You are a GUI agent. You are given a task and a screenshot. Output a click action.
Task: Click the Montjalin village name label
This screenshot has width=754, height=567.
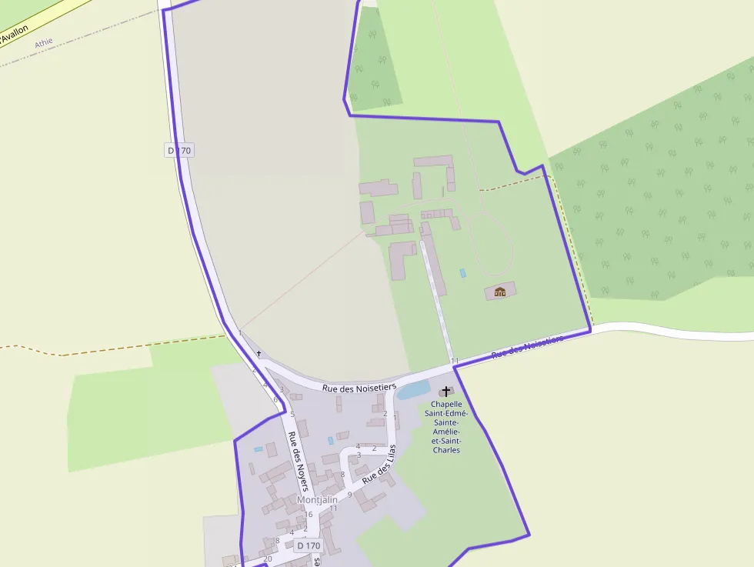tap(317, 500)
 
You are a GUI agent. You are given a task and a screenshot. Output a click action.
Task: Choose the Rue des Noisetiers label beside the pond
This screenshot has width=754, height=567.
tap(359, 388)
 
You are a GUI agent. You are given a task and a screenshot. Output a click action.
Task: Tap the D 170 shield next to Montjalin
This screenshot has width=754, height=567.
tap(308, 545)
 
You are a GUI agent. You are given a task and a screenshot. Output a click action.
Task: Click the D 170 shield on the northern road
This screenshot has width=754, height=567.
tap(178, 151)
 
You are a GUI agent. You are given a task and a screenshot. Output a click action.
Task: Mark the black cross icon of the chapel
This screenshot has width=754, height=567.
tap(446, 392)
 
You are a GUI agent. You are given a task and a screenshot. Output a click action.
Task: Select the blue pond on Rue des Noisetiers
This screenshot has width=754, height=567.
tap(413, 390)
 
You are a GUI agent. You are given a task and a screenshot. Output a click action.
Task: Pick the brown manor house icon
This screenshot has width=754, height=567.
tap(500, 292)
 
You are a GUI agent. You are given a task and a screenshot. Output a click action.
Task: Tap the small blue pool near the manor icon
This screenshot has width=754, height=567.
tap(462, 273)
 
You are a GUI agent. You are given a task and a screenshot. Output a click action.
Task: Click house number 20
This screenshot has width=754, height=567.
tap(268, 559)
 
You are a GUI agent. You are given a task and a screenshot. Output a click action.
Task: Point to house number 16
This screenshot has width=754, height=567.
tap(309, 515)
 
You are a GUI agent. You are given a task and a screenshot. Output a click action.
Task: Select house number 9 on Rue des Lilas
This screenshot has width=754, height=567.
tap(349, 495)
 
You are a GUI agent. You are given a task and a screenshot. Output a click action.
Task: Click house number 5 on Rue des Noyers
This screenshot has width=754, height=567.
tap(292, 414)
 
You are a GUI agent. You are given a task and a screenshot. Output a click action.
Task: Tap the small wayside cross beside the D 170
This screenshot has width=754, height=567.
tap(259, 354)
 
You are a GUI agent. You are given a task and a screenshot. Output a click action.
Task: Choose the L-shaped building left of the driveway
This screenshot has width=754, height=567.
tap(400, 259)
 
